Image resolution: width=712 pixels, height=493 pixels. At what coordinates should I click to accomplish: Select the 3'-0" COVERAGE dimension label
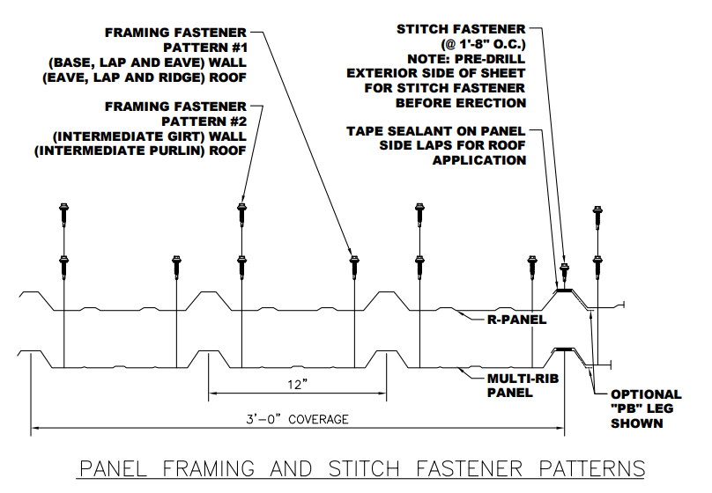point(298,420)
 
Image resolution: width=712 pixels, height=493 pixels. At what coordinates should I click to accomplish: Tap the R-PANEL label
point(519,320)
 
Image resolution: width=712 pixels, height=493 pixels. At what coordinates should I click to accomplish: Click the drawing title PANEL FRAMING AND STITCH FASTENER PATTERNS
point(362,467)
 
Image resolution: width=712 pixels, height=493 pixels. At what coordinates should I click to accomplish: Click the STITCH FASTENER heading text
point(461,30)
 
